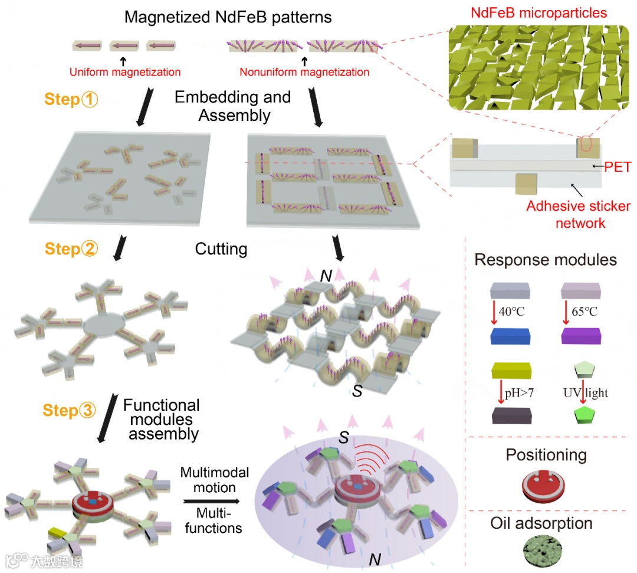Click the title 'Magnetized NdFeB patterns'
coord(228,17)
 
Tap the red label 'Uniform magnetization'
coord(125,73)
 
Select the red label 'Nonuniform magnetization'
coord(304,73)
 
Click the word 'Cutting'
coord(221,249)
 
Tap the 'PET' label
coord(618,167)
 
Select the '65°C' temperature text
coord(585,311)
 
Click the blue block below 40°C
coord(511,336)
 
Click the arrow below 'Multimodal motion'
coord(212,502)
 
